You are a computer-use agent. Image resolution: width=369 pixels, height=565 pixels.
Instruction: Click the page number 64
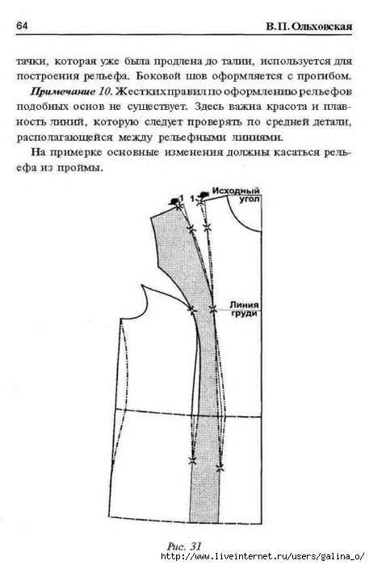coord(22,26)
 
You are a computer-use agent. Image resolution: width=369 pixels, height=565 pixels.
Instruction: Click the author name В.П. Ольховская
coord(309,27)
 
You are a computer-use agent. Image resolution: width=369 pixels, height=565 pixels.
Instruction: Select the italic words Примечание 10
coord(72,91)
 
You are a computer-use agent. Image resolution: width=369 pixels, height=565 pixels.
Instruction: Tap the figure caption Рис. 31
coord(184,546)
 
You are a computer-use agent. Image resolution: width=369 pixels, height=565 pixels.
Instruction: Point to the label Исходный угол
coord(236,195)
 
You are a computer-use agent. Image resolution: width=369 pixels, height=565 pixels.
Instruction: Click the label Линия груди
coord(244,309)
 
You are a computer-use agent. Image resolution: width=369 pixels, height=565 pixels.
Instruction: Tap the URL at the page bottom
coord(262,557)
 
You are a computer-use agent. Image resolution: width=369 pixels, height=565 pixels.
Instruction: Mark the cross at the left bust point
coord(191,309)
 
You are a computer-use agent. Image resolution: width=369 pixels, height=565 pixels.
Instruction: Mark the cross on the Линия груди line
coord(213,309)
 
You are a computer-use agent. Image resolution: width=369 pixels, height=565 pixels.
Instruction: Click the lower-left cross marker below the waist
coord(192,460)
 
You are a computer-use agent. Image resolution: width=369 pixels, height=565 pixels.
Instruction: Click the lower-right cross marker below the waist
coord(220,468)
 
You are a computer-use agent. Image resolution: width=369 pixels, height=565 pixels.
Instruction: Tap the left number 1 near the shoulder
coord(182,197)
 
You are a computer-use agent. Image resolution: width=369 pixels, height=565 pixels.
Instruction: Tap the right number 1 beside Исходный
coord(193,199)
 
